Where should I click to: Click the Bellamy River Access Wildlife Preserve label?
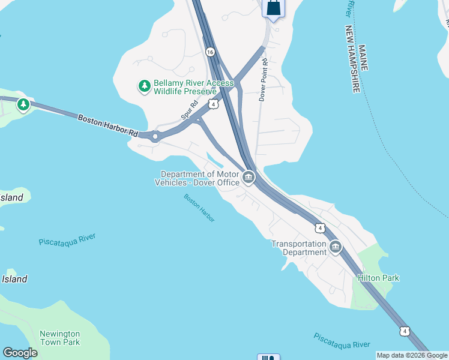click(185, 87)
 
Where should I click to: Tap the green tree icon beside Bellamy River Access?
click(144, 86)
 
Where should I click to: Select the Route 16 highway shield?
click(209, 52)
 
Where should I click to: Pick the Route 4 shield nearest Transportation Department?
click(320, 228)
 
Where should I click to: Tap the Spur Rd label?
click(190, 112)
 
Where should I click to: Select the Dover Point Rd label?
click(263, 80)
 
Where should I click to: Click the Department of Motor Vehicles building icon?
click(249, 178)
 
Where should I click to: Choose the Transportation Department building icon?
click(336, 247)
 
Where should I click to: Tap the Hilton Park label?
click(378, 278)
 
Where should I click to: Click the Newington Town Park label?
click(59, 338)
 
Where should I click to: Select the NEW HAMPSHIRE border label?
click(352, 59)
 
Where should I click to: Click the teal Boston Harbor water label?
click(199, 208)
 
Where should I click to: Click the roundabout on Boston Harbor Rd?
click(155, 136)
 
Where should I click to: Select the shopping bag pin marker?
click(273, 8)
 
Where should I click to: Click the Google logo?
click(20, 353)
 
